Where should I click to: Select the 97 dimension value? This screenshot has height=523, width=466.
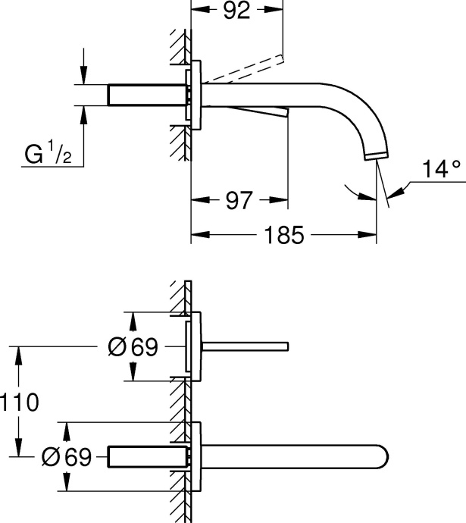pos(238,201)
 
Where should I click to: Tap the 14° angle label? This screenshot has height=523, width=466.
pos(442,170)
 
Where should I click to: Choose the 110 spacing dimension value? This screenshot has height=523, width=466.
pos(20,402)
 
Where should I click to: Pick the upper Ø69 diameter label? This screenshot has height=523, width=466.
pos(133,347)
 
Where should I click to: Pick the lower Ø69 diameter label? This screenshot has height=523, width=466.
pos(68,457)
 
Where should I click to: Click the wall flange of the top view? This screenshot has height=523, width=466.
pos(195,95)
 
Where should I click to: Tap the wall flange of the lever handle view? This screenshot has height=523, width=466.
pos(195,347)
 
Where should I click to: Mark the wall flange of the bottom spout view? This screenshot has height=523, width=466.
pos(195,457)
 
